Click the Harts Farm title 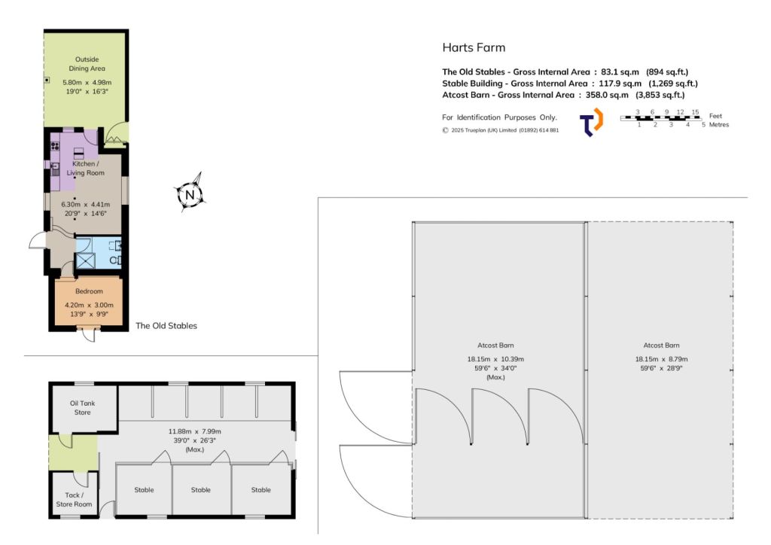pos(474,47)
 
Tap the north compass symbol pos(190,193)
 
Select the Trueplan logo pos(591,121)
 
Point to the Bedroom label pos(89,291)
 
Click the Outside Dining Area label pos(87,64)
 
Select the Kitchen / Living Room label pos(86,168)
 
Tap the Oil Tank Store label pos(83,407)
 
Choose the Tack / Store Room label pos(74,499)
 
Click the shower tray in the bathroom pos(85,260)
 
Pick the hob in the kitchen pos(55,146)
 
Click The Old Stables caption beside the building pos(166,326)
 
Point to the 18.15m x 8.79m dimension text pos(661,359)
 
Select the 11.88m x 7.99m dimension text pos(195,431)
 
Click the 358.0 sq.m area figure pos(607,95)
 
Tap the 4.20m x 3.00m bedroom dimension pos(89,305)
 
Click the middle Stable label pos(200,489)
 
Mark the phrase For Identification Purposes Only pos(500,117)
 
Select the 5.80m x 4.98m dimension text pos(87,83)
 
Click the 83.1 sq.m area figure pos(620,72)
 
